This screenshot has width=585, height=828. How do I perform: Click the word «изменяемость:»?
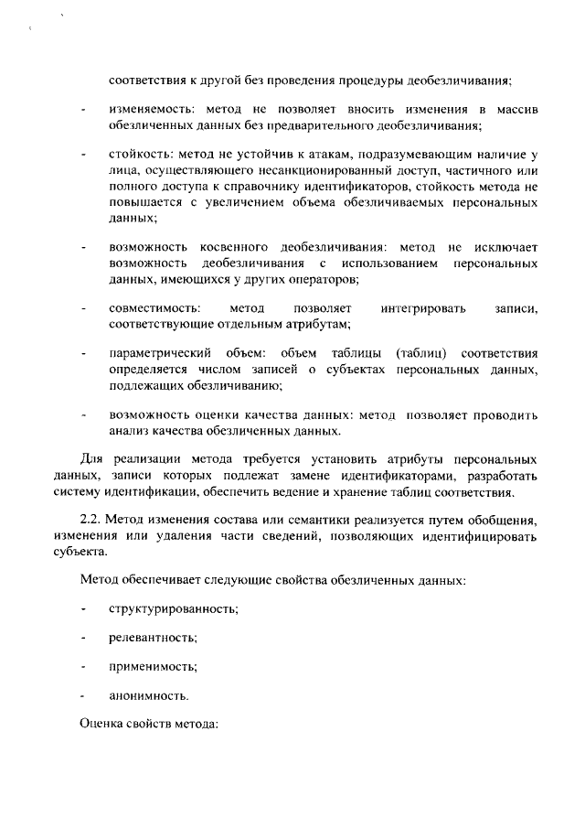[146, 110]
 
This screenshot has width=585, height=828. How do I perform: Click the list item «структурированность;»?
[173, 608]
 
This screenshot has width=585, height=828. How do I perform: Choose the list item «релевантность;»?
[153, 637]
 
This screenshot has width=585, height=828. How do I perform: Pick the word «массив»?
[518, 110]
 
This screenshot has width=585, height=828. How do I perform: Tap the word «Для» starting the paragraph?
[93, 458]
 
